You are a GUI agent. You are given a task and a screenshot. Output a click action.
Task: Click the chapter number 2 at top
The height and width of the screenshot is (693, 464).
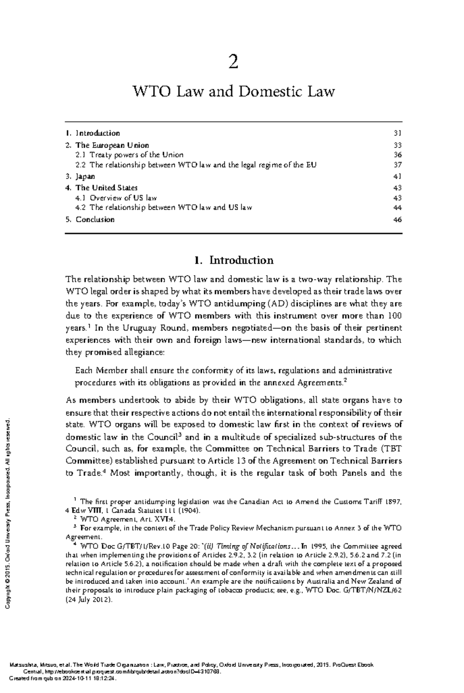click(233, 62)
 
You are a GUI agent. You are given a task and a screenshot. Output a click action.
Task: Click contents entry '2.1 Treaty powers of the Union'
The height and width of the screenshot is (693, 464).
click(129, 155)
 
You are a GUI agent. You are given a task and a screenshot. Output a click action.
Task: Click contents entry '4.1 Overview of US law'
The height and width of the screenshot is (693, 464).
click(116, 198)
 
